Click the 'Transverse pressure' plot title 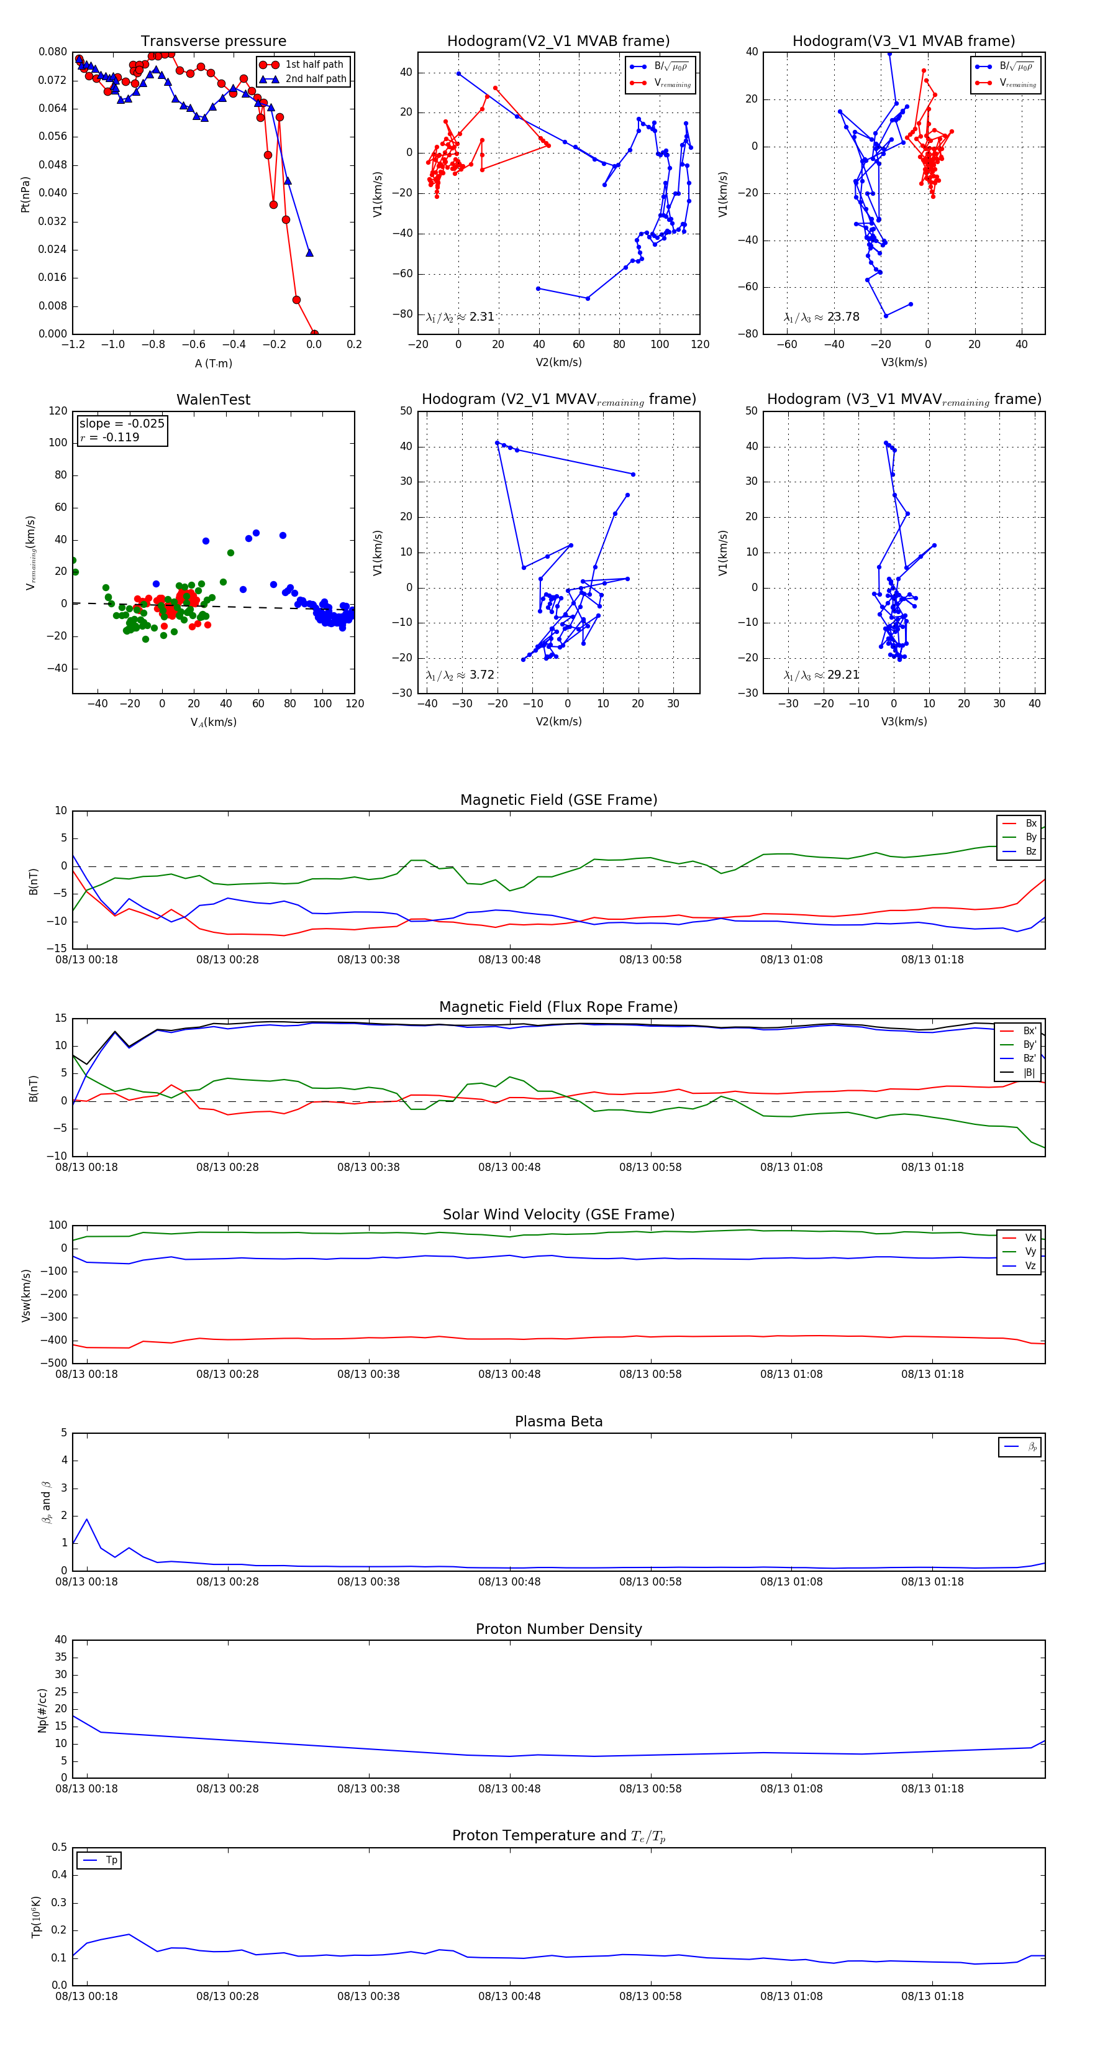(x=213, y=42)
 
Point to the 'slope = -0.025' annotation (x=122, y=424)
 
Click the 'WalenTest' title (x=213, y=400)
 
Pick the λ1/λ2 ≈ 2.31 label (x=460, y=317)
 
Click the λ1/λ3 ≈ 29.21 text (x=821, y=675)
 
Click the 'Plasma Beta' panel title (x=558, y=1421)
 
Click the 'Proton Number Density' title (x=558, y=1628)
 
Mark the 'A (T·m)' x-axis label (x=213, y=363)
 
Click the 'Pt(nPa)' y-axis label (x=25, y=195)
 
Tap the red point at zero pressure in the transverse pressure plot (x=314, y=334)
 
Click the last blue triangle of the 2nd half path (x=309, y=253)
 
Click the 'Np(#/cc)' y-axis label (x=43, y=1710)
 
